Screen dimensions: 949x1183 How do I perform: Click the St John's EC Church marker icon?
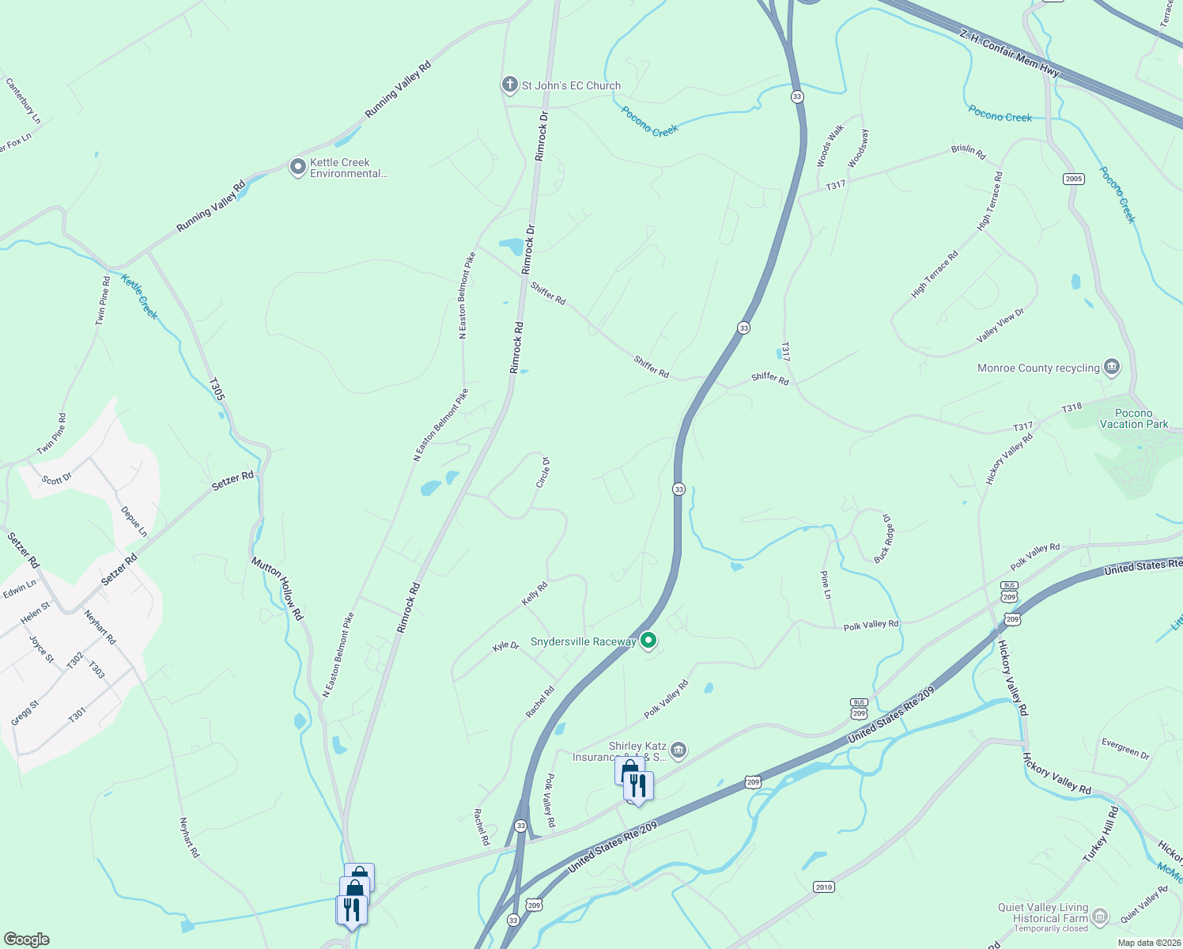(x=510, y=85)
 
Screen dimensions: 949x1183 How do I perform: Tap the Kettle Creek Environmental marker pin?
(x=297, y=167)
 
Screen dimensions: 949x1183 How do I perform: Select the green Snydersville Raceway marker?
(x=648, y=641)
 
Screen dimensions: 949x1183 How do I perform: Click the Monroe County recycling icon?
(x=1112, y=366)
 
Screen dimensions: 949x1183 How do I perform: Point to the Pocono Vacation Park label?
(x=1133, y=418)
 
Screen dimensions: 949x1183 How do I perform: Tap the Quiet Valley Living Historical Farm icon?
(x=1099, y=917)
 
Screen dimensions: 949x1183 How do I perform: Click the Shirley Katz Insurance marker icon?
(x=678, y=749)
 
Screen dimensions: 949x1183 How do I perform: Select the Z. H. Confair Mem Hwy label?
(x=1009, y=54)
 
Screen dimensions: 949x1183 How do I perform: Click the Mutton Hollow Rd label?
(x=278, y=588)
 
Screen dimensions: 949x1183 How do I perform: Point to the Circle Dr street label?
(x=543, y=472)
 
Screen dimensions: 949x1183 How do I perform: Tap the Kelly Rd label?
(x=535, y=594)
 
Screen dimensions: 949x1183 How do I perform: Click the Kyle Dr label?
(x=506, y=646)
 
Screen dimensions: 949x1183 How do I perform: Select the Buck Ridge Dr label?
(x=884, y=538)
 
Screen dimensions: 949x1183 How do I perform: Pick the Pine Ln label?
(x=826, y=584)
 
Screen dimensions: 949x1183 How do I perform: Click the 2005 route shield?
(x=1073, y=179)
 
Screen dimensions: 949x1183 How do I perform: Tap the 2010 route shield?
(x=824, y=887)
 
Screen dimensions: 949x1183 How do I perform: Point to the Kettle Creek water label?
(x=140, y=296)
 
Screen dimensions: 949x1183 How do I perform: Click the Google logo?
(x=27, y=939)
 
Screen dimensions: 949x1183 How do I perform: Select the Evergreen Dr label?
(x=1125, y=747)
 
